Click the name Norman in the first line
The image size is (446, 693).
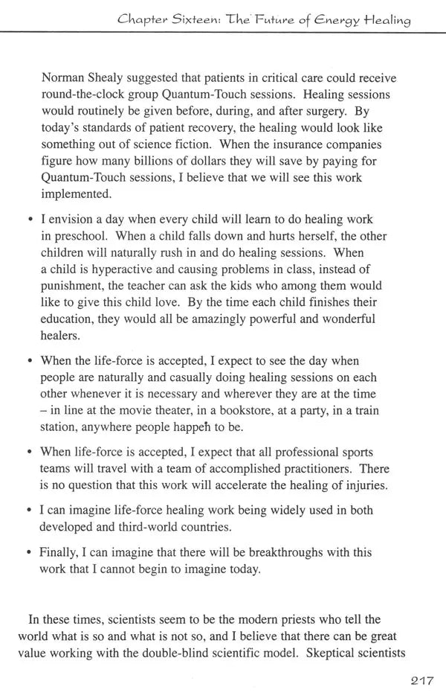(65, 78)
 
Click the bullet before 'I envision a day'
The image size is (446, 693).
(29, 220)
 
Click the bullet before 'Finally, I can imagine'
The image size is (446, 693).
(29, 553)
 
